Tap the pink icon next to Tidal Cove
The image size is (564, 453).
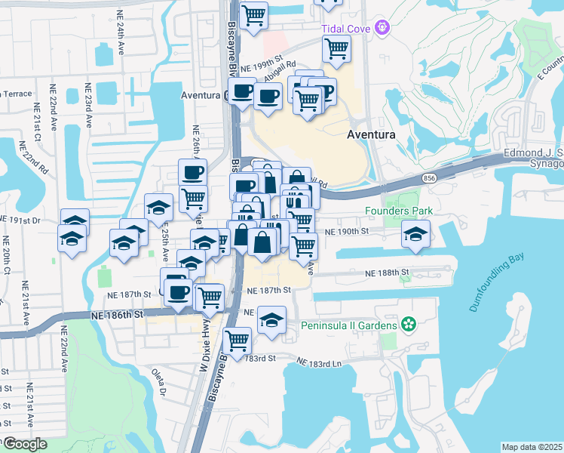[384, 28]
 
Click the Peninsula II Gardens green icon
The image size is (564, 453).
[409, 325]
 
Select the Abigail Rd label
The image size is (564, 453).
[280, 70]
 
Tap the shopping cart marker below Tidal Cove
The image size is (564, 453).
[336, 49]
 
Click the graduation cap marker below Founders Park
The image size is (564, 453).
[415, 234]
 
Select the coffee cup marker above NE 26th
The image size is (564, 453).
[192, 171]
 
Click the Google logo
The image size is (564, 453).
[25, 444]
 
